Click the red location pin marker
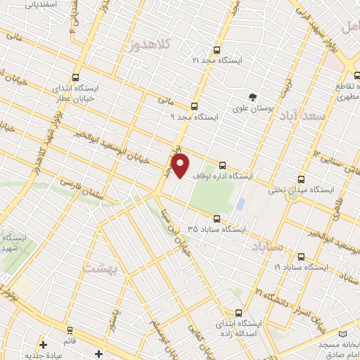click(x=181, y=165)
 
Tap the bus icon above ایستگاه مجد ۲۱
click(x=216, y=50)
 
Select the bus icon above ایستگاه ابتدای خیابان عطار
click(x=75, y=78)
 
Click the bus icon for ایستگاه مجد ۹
click(x=195, y=105)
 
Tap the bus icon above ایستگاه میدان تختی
click(x=302, y=179)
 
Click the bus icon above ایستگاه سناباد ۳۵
click(x=216, y=219)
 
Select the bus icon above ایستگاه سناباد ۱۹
click(x=302, y=257)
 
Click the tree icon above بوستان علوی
click(x=251, y=96)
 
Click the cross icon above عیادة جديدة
click(x=44, y=345)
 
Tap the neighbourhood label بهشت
click(x=99, y=268)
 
